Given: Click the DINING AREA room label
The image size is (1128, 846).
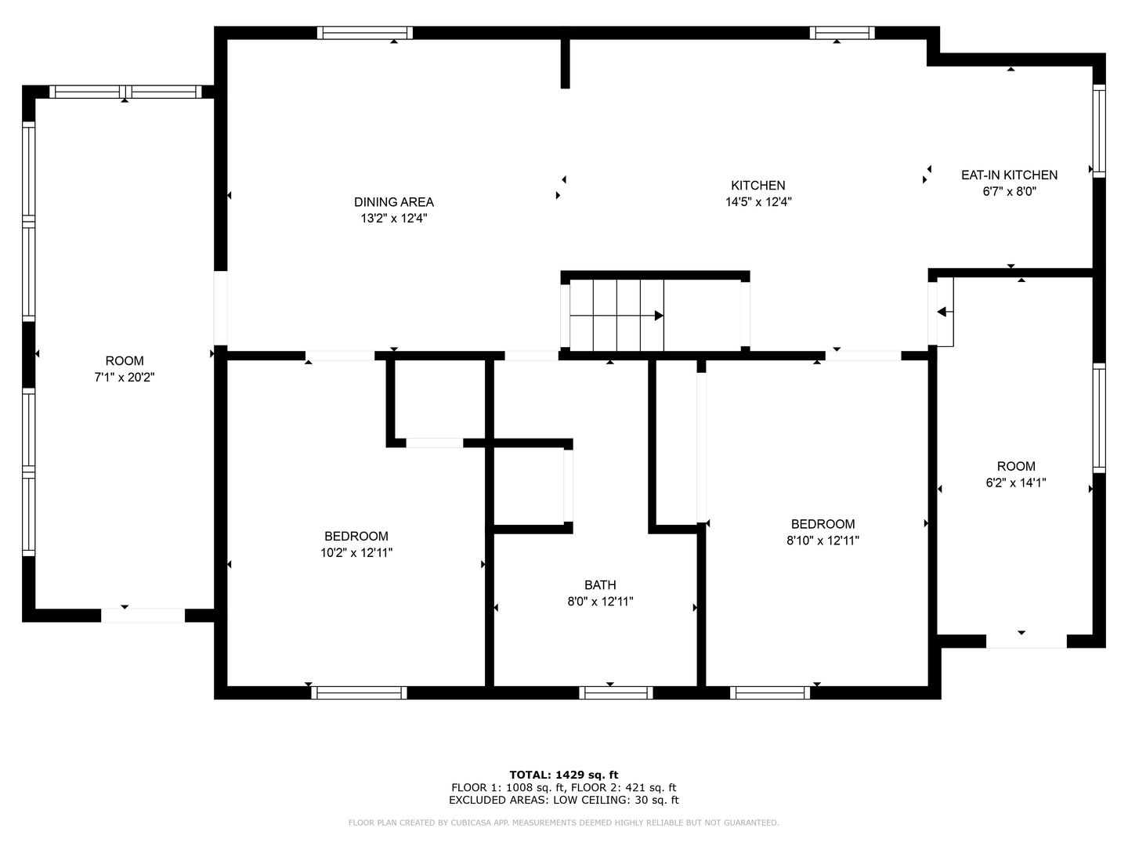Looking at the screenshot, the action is tap(394, 202).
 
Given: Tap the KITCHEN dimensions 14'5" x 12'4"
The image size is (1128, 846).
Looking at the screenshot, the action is tap(758, 202).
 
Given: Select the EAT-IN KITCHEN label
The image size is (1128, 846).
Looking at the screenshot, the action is tap(1009, 175).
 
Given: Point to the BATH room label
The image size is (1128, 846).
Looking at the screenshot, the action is tap(600, 585).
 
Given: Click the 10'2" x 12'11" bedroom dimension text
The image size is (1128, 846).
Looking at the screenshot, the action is tap(356, 553).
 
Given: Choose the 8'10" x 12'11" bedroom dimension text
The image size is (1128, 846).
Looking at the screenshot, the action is tap(822, 540).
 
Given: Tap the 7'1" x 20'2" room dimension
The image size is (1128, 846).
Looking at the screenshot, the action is tap(125, 378).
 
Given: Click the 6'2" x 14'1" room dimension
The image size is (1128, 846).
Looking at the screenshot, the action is tap(1016, 483).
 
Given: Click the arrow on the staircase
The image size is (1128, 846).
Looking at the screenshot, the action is tap(616, 316).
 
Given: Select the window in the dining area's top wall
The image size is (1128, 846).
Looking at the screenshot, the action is tap(365, 33).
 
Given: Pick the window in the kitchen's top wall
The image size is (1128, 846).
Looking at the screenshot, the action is tap(842, 33).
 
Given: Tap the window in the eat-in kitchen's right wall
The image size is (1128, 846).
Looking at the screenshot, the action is tap(1099, 131).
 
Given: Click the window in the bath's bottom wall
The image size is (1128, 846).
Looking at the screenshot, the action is tap(616, 693).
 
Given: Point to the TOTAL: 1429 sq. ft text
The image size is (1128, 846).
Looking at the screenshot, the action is tap(564, 775).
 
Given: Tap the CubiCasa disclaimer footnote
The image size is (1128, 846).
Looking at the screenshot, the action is tap(564, 822).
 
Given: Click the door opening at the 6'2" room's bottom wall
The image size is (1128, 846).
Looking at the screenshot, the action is tap(1026, 641).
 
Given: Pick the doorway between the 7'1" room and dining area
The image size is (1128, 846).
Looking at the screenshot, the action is tap(220, 308).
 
